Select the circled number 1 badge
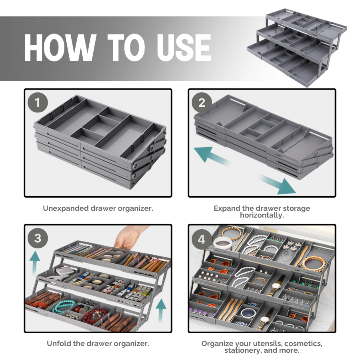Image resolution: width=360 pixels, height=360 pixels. pyautogui.click(x=38, y=103)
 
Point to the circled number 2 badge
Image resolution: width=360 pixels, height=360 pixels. pyautogui.click(x=202, y=103)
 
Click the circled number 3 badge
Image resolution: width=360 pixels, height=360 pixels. pyautogui.click(x=38, y=238)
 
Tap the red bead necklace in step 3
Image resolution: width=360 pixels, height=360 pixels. pyautogui.click(x=93, y=316)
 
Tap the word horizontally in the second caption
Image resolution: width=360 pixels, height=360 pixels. pyautogui.click(x=262, y=215)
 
